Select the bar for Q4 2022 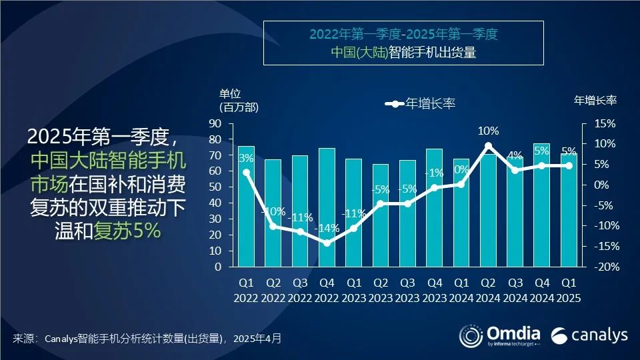327,207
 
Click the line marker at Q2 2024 488,145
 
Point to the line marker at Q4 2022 327,243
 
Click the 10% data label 488,130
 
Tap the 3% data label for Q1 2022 246,159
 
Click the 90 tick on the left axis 215,124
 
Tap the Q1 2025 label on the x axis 568,291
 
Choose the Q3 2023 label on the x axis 407,291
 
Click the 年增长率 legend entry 420,103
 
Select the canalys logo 589,334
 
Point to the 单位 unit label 230,93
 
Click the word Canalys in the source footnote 63,339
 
